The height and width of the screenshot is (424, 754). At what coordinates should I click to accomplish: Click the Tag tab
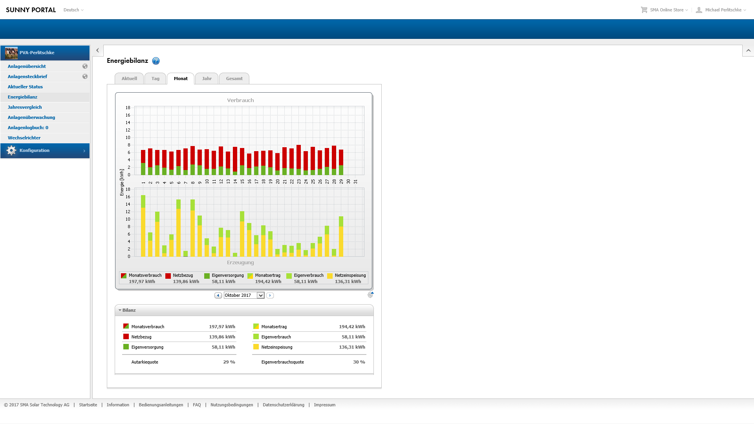[156, 79]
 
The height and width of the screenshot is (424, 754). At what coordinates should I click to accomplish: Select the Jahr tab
[207, 79]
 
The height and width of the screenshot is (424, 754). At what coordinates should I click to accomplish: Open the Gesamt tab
[234, 79]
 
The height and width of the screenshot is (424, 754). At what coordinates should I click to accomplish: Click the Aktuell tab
[129, 79]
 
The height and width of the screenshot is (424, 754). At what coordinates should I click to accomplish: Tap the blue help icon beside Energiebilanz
[156, 61]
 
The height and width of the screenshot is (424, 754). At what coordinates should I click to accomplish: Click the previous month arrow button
[218, 295]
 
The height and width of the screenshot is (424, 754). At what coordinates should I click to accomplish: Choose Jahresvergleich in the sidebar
[25, 107]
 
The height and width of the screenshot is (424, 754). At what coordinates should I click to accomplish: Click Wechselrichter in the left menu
[24, 138]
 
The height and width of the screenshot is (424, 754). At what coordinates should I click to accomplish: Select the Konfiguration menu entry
[35, 150]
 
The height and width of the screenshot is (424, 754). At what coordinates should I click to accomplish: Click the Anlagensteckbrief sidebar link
[27, 77]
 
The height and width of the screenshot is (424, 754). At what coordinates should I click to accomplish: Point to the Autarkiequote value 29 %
[229, 362]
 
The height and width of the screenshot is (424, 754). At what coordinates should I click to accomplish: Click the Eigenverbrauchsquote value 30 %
[359, 362]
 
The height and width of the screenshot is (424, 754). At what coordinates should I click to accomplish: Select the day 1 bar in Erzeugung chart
[143, 226]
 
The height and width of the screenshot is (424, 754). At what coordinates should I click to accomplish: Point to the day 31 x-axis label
[355, 181]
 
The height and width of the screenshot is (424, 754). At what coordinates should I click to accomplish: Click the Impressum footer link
[324, 405]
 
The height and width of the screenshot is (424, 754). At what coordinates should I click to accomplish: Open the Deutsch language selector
[73, 10]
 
